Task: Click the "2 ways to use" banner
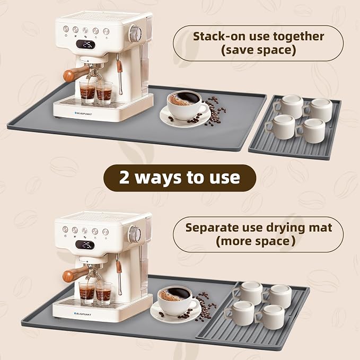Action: (180, 178)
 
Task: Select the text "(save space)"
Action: (258, 50)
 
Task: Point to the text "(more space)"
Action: (256, 241)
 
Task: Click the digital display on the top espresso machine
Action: (85, 45)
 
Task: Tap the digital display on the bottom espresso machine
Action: (85, 245)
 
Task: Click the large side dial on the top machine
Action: (135, 34)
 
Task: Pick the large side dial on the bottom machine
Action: (135, 234)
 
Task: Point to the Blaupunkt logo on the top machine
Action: (83, 113)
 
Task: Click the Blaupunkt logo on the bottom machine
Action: (82, 314)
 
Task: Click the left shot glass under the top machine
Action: (87, 91)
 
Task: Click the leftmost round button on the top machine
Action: (66, 29)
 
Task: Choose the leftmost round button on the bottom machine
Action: (65, 229)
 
